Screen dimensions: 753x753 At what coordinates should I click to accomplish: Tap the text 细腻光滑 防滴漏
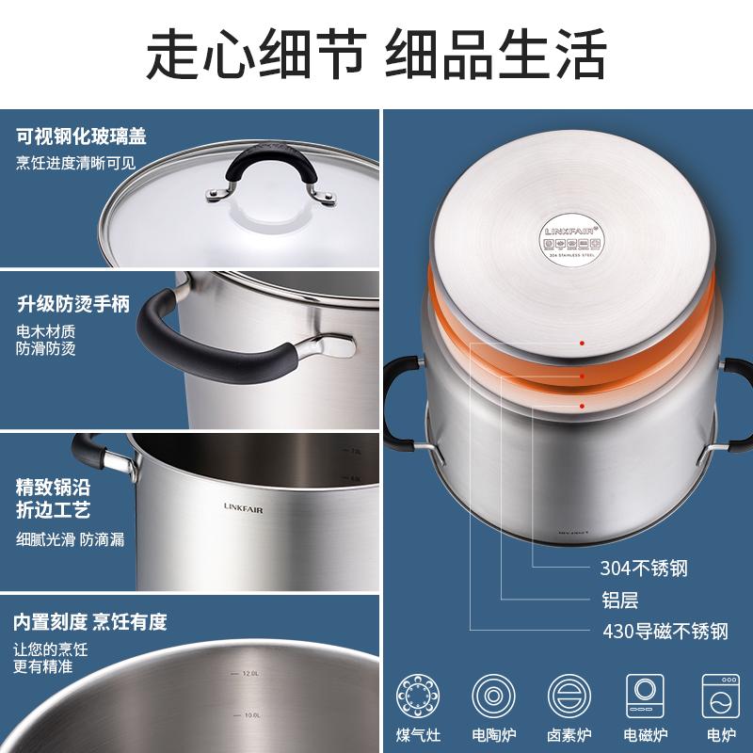click(71, 539)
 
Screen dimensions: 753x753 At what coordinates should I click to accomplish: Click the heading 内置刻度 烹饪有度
click(89, 622)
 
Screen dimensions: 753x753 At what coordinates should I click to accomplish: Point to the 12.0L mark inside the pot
click(247, 673)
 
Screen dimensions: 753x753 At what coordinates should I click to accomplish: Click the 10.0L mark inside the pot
click(247, 715)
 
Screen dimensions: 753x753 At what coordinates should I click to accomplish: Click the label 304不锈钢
click(644, 568)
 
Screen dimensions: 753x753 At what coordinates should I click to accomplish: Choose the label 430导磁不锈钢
click(665, 632)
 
